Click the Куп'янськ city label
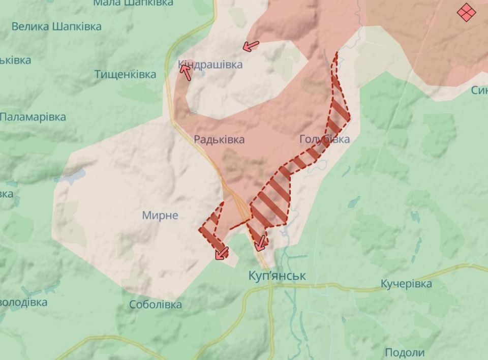click(x=277, y=276)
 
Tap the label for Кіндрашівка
click(x=210, y=65)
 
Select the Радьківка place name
click(x=219, y=139)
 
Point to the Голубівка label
click(x=324, y=139)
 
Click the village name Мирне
click(x=160, y=215)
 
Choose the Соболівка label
click(x=155, y=305)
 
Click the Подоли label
click(x=405, y=352)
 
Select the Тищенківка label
click(x=125, y=75)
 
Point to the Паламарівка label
click(x=33, y=117)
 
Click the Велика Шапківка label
click(x=56, y=26)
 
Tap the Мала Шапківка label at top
click(x=133, y=3)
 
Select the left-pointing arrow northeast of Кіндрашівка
click(x=250, y=46)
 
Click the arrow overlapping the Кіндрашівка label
click(x=186, y=72)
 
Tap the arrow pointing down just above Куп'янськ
click(x=261, y=243)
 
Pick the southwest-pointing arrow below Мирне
click(x=221, y=252)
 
